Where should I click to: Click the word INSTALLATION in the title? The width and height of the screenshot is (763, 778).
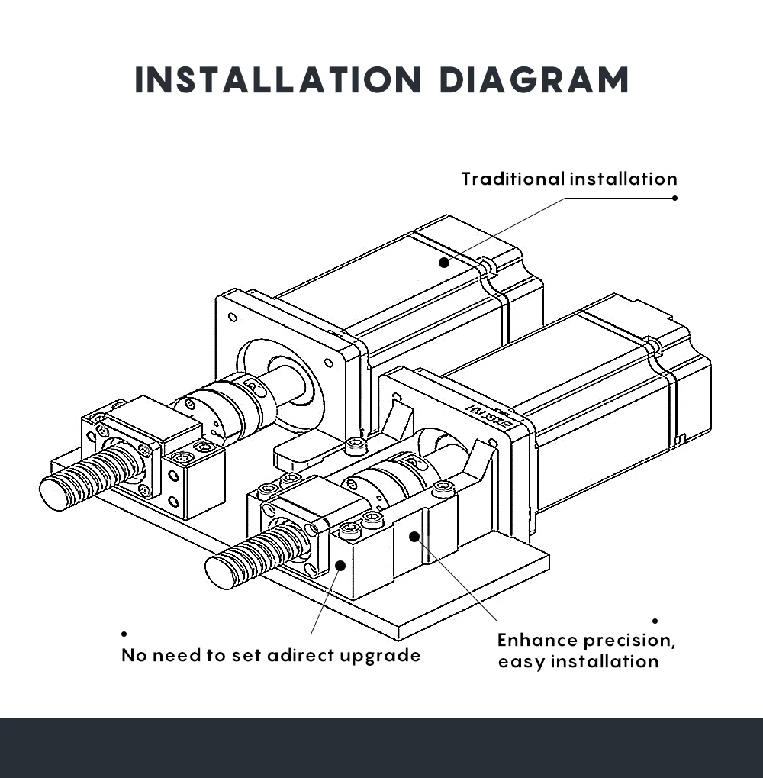pyautogui.click(x=278, y=80)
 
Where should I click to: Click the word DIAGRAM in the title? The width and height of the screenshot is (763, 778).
pyautogui.click(x=534, y=80)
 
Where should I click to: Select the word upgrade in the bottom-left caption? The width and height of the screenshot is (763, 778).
pyautogui.click(x=380, y=656)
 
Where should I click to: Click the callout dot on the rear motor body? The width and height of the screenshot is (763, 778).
pyautogui.click(x=444, y=263)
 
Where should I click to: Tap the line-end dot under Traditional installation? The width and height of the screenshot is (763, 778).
pyautogui.click(x=674, y=198)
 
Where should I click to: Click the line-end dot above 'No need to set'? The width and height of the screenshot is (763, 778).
pyautogui.click(x=124, y=634)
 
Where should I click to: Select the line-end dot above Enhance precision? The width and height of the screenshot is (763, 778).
pyautogui.click(x=655, y=621)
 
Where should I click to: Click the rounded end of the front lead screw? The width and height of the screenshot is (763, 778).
pyautogui.click(x=220, y=573)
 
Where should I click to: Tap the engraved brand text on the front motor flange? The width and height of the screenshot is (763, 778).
pyautogui.click(x=488, y=416)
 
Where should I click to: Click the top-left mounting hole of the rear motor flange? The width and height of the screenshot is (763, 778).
pyautogui.click(x=232, y=318)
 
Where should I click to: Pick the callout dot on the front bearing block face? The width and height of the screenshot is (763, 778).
pyautogui.click(x=340, y=566)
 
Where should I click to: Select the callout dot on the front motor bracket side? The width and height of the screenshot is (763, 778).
pyautogui.click(x=414, y=536)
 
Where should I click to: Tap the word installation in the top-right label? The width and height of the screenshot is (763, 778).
pyautogui.click(x=623, y=179)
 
